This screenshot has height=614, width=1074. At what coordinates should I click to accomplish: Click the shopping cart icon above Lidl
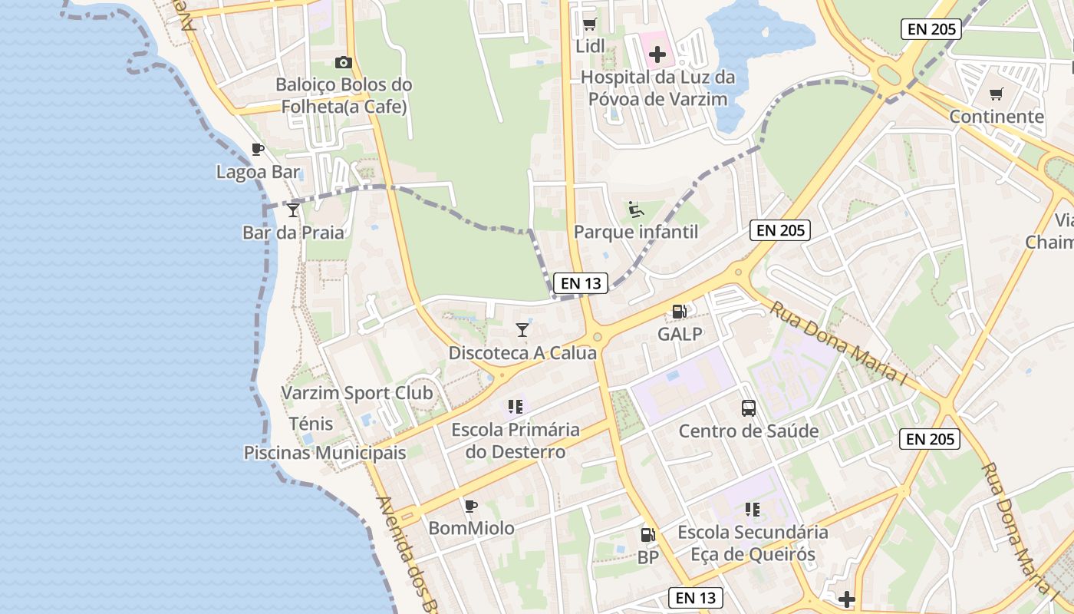(589, 25)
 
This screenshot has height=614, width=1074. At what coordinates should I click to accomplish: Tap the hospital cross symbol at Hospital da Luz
(657, 54)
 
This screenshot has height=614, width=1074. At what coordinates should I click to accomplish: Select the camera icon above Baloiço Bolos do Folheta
(343, 63)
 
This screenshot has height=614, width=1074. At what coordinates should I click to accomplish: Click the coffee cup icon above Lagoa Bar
(258, 150)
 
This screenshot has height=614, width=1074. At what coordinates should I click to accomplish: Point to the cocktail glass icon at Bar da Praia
(292, 210)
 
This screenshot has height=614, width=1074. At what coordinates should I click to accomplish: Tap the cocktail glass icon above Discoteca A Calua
(522, 330)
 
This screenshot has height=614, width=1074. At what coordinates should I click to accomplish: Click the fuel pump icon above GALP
(679, 312)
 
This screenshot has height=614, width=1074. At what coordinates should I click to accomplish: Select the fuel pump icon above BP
(648, 535)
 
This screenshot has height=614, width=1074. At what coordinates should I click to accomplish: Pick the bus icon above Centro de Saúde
(749, 408)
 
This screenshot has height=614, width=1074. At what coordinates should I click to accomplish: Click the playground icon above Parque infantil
(635, 209)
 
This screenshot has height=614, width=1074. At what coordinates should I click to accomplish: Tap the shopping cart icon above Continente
(997, 94)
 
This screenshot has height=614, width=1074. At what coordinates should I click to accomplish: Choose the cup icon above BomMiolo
(471, 506)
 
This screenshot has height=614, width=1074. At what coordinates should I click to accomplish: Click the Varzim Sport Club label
(357, 393)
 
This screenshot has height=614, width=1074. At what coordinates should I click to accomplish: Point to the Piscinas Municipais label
(325, 453)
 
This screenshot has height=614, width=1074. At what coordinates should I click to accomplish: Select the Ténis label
(311, 424)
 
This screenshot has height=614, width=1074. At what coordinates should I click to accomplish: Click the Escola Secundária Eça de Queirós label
(753, 543)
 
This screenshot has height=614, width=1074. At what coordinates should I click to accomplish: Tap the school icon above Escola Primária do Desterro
(515, 406)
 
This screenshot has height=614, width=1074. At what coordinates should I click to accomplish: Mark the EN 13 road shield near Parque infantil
(581, 283)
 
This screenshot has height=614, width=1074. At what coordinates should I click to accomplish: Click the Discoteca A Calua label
(522, 353)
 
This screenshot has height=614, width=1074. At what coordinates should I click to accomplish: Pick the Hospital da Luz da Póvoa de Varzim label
(657, 88)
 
